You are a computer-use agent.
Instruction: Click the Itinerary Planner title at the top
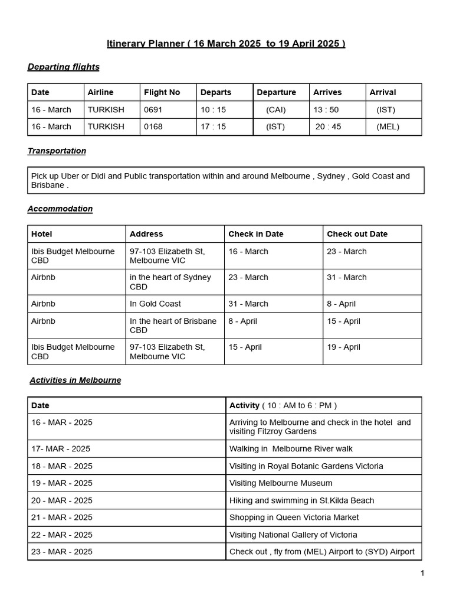(226, 44)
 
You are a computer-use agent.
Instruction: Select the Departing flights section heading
(63, 67)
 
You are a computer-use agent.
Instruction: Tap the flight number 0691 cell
(152, 109)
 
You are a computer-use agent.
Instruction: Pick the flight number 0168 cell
(152, 126)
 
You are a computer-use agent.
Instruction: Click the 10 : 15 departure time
(213, 109)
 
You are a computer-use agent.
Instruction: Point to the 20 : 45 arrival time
(328, 126)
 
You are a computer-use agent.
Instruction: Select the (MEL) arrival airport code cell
(388, 126)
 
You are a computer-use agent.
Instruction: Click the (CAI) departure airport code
(275, 109)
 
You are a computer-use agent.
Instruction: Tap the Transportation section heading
(57, 151)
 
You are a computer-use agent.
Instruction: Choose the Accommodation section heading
(60, 209)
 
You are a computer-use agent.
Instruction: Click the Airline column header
(100, 92)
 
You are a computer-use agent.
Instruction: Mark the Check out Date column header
(357, 234)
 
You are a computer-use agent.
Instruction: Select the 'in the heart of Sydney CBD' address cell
(170, 282)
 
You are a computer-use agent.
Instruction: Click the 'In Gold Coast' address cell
(155, 304)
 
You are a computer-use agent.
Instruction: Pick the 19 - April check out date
(343, 347)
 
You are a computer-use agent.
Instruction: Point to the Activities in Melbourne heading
(75, 380)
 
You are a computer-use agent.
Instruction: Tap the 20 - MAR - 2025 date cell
(62, 500)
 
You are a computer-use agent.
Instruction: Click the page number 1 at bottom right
(422, 573)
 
